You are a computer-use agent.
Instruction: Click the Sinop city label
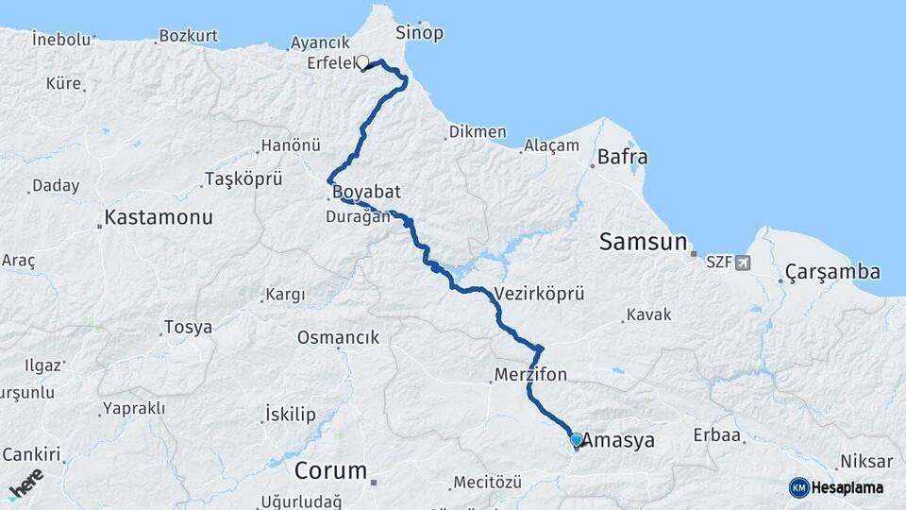coord(419,33)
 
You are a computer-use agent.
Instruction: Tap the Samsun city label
coord(644,242)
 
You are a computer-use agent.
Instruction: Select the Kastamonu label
coord(158,216)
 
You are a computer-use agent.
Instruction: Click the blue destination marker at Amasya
coord(577,439)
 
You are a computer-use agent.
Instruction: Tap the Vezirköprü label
coord(539,293)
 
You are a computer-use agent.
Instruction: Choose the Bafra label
coord(622,157)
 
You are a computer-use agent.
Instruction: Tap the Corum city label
coord(330,469)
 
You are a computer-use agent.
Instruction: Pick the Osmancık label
coord(338,337)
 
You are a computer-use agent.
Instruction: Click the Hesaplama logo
coord(837,487)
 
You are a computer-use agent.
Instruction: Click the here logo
coord(26,484)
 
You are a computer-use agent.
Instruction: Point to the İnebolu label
coord(60,40)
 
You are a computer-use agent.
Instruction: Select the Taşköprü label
coord(243,178)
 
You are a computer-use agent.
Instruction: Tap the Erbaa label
coord(717,436)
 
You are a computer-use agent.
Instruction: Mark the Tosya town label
coord(188,328)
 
